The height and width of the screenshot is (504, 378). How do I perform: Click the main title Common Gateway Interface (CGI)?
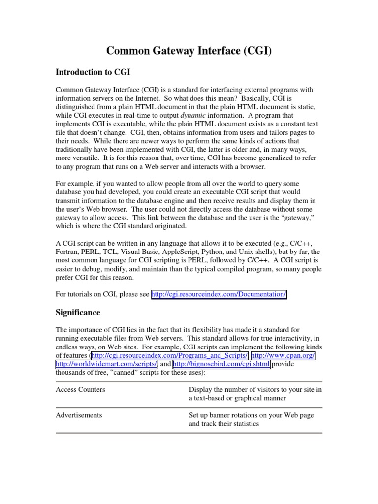189,51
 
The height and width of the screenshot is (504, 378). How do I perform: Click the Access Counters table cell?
80,389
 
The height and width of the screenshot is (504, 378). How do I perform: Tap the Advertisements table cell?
79,415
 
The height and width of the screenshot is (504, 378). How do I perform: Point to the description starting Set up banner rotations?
251,419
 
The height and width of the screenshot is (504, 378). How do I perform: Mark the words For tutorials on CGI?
85,294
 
